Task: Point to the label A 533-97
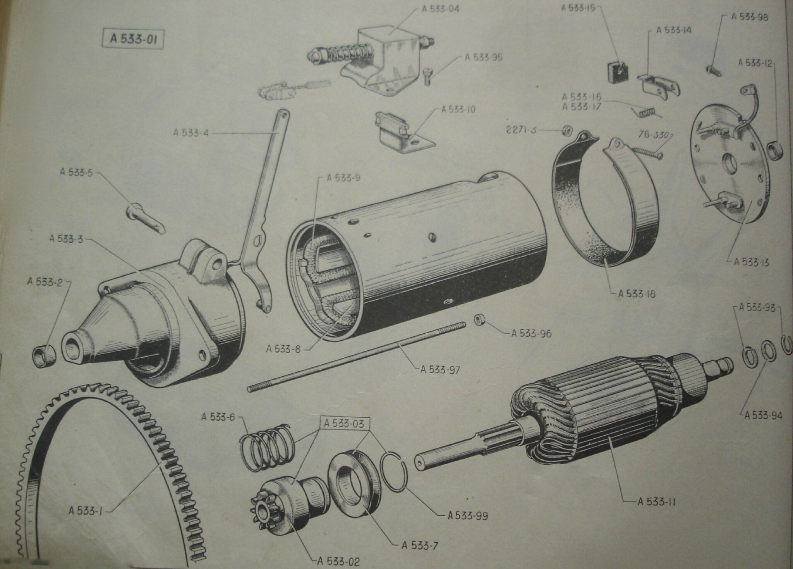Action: [441, 369]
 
